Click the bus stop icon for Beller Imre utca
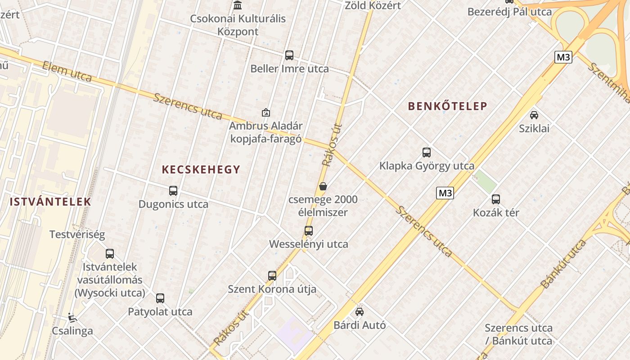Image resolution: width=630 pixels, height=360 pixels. pos(289,55)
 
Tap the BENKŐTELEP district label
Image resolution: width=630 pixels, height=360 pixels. pos(447,106)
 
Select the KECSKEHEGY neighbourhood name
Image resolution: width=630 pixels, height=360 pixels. pos(201,170)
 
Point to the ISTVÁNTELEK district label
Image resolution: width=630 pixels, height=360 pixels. pos(50,202)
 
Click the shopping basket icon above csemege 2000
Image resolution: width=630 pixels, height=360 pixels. pos(323,186)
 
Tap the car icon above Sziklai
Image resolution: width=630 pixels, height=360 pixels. pos(534,115)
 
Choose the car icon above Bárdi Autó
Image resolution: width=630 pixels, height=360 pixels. pos(359,311)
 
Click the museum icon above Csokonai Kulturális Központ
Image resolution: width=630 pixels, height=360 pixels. pos(238,5)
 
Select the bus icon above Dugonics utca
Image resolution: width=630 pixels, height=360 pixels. pos(173,191)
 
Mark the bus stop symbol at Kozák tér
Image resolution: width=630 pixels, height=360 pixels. pos(496,199)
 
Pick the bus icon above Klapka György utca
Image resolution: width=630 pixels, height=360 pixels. pos(427,153)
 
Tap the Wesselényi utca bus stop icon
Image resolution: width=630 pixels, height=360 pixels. pos(309,231)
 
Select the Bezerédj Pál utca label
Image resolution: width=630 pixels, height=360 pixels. pos(509,12)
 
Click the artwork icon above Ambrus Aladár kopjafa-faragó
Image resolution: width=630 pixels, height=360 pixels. pos(266,112)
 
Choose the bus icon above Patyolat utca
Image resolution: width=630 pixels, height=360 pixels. pos(160,298)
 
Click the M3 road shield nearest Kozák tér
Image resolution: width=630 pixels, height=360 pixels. pos(445,193)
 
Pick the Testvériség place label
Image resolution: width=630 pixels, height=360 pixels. pos(77,234)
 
